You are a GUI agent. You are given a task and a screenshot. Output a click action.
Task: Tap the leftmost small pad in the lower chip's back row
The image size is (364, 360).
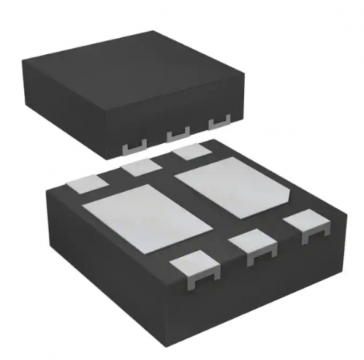87,183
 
